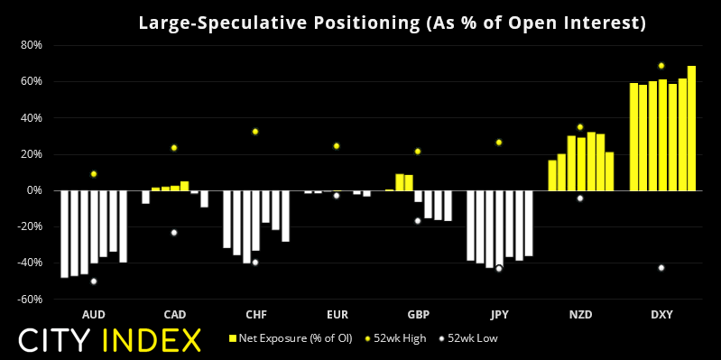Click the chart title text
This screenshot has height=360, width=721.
pos(393,23)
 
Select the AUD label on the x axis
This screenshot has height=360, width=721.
pos(93,315)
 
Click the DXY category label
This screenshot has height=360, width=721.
pos(661,315)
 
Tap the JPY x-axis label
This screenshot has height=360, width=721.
pos(499,315)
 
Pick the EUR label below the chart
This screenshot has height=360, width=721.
pos(337,315)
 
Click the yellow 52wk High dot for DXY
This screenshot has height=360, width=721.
pos(661,66)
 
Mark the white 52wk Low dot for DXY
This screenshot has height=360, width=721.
pos(661,268)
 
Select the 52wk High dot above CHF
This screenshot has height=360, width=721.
pos(255,132)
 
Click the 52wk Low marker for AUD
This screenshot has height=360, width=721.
pos(93,282)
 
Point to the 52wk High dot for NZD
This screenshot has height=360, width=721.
pos(580,127)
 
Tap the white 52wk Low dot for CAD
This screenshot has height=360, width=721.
pos(174,233)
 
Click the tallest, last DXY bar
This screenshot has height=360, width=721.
pos(691,128)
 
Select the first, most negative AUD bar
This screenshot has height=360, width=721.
pos(64,234)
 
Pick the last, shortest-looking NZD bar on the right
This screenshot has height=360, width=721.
pos(610,171)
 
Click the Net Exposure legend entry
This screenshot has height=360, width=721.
pos(291,339)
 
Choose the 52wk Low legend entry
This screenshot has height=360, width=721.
pos(467,339)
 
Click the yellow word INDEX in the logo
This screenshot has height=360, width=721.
pos(151,341)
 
